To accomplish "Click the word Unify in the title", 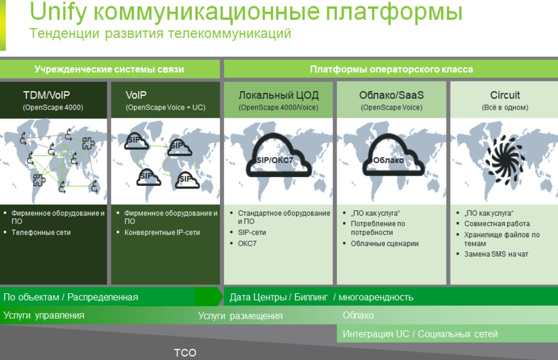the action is click(x=58, y=12).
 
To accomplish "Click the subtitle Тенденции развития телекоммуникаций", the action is click(x=160, y=33).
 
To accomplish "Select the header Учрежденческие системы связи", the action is click(x=110, y=69).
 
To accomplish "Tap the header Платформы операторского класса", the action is click(x=391, y=69).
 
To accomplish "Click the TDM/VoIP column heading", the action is click(x=47, y=95).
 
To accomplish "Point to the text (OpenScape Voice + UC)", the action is click(x=165, y=108).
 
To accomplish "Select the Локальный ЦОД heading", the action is click(x=278, y=95).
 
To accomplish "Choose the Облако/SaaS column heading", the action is click(x=391, y=95).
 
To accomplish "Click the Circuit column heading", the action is click(x=505, y=95).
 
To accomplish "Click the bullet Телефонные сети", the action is click(x=41, y=232).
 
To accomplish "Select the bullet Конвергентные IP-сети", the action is click(x=162, y=232).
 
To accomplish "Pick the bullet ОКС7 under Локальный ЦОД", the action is click(x=247, y=244).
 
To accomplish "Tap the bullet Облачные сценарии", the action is click(x=384, y=244).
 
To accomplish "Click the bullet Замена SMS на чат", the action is click(x=496, y=254).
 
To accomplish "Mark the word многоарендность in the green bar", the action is click(x=376, y=297).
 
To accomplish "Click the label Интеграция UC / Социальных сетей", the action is click(x=421, y=334).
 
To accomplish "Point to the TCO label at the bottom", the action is click(x=185, y=353).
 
